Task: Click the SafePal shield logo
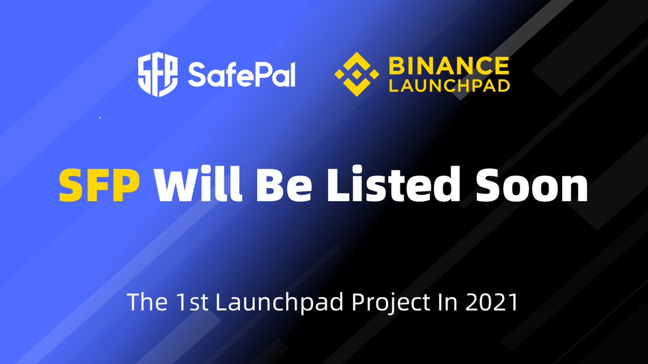click(x=158, y=74)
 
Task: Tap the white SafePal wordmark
click(x=242, y=74)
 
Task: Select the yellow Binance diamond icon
click(x=357, y=74)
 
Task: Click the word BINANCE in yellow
click(x=449, y=66)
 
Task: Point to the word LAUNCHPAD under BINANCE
click(x=449, y=86)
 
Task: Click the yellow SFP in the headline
click(x=99, y=185)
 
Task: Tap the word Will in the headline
click(x=198, y=184)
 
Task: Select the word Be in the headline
click(x=284, y=185)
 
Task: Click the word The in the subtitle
click(x=147, y=302)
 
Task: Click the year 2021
click(x=491, y=302)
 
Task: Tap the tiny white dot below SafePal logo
click(x=100, y=118)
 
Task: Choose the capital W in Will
click(x=177, y=185)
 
